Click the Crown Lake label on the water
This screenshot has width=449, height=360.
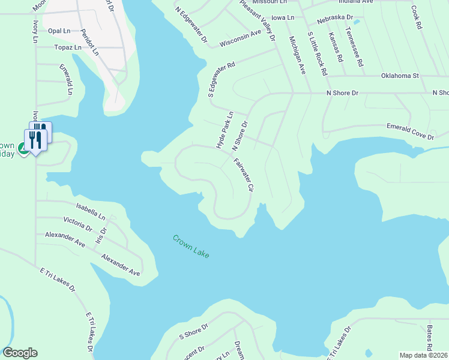point(191,247)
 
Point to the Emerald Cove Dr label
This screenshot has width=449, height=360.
point(409,132)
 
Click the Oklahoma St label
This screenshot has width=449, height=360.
point(400,76)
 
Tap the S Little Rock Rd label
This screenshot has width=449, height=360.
point(317,53)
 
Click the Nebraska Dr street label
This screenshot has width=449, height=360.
point(336,19)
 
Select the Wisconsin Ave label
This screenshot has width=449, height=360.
point(240,38)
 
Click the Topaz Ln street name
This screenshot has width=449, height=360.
point(67,47)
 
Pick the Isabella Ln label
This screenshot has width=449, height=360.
point(91,211)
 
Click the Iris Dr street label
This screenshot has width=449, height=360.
point(100,235)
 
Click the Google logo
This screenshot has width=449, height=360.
point(20,353)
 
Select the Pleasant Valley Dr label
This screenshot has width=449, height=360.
point(257,20)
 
